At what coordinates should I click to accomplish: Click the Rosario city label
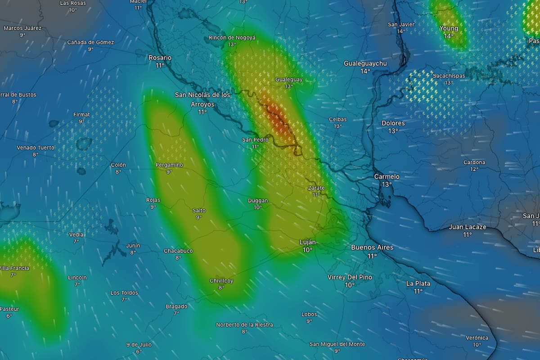(x=160, y=58)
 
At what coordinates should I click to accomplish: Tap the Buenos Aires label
(x=372, y=247)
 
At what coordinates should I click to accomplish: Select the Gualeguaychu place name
(x=365, y=63)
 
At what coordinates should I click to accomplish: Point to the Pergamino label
(x=169, y=165)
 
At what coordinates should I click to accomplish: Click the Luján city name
(x=307, y=242)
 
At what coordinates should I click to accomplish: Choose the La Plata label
(x=418, y=283)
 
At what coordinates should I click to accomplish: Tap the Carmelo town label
(x=387, y=177)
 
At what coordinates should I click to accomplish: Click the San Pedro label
(x=255, y=140)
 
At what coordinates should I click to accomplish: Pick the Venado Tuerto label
(x=36, y=148)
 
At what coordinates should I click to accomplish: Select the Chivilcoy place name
(x=221, y=281)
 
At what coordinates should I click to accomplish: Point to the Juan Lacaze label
(x=467, y=227)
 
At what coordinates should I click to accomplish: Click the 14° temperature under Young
(x=449, y=36)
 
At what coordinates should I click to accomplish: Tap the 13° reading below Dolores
(x=393, y=131)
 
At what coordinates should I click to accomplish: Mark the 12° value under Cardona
(x=474, y=169)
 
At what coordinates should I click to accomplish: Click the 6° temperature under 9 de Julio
(x=139, y=351)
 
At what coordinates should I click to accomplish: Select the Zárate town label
(x=316, y=188)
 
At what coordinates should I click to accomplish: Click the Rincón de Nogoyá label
(x=232, y=38)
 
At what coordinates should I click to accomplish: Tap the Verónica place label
(x=477, y=338)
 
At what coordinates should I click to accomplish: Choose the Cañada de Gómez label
(x=90, y=42)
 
